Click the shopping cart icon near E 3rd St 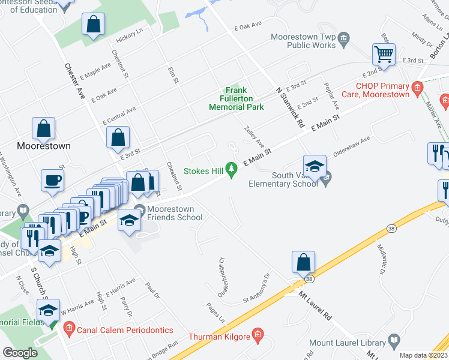(383, 55)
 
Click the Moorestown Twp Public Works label (303, 41)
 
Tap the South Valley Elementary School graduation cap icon (314, 167)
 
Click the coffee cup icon (53, 180)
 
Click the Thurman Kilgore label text (219, 337)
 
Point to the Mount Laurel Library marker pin (393, 343)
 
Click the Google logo (20, 353)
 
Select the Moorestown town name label (44, 146)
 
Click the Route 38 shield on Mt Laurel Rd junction (309, 279)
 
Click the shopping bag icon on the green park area (94, 25)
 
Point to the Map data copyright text (423, 355)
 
